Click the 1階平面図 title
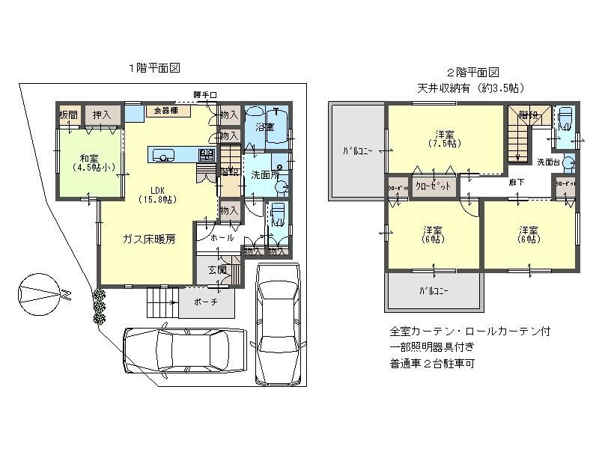click(153, 67)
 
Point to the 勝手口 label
click(204, 94)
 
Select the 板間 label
click(68, 114)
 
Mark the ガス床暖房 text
click(150, 240)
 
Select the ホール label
click(222, 237)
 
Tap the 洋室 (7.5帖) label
click(444, 138)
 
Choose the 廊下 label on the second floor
click(517, 182)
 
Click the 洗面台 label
click(549, 162)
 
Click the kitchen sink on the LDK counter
click(163, 156)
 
